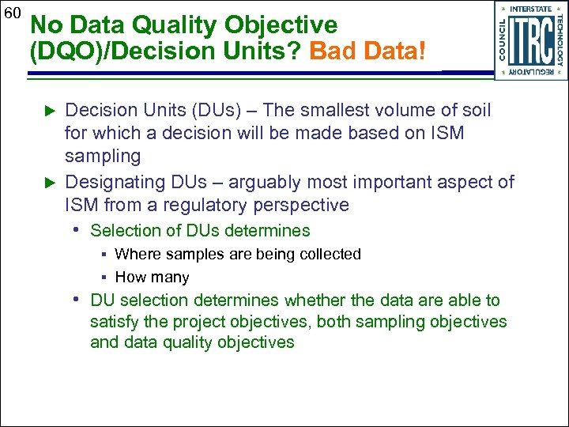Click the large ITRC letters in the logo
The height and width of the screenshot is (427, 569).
coord(531,40)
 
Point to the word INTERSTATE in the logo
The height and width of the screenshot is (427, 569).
coord(531,9)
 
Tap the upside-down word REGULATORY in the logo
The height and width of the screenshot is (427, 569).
coord(531,72)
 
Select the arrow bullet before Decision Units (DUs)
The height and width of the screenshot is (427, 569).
coord(50,109)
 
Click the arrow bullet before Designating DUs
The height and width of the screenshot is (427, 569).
coord(50,182)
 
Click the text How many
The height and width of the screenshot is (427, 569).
coord(152,278)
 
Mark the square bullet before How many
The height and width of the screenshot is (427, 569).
coord(104,278)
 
